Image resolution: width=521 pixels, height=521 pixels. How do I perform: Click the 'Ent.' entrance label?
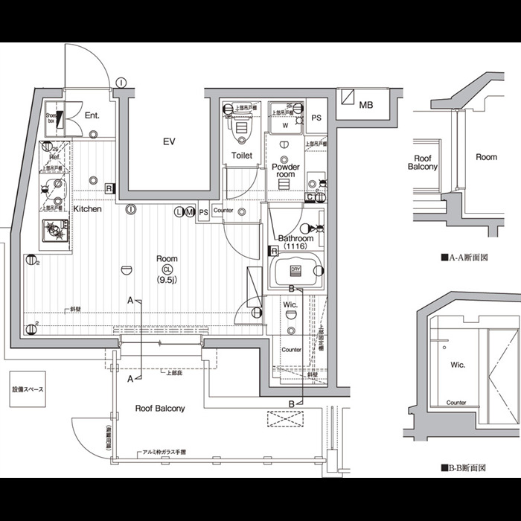tap(92, 115)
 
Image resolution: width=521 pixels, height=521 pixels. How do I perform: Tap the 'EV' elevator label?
tap(169, 141)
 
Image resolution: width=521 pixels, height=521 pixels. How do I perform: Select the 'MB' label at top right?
tap(365, 105)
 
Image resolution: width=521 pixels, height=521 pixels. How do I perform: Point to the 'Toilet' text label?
tap(242, 156)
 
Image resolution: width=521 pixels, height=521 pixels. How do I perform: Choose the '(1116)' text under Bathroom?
tap(295, 246)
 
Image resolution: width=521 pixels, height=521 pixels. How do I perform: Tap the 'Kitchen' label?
tap(87, 209)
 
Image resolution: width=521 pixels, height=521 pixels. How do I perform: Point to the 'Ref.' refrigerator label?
tap(54, 158)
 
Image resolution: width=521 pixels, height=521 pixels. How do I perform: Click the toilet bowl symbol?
tap(242, 132)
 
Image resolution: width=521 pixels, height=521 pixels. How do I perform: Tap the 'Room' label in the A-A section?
tap(487, 157)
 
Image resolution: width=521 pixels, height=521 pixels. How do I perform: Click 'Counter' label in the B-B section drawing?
tap(456, 403)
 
